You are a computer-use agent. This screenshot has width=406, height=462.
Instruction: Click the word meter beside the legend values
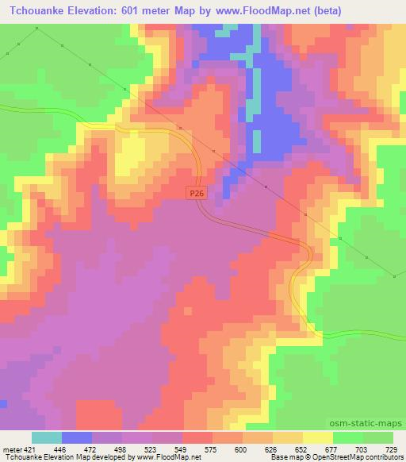click(12, 449)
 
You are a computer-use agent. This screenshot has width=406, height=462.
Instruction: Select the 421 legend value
click(29, 449)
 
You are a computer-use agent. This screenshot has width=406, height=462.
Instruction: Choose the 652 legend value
click(302, 449)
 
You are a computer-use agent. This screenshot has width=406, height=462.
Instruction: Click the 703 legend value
click(363, 449)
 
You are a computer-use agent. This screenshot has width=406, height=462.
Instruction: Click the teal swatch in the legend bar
click(47, 437)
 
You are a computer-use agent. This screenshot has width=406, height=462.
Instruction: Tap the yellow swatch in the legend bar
click(317, 437)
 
